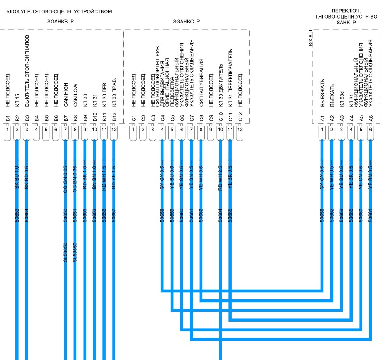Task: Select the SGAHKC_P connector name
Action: coord(186,21)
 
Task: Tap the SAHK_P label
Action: coord(346,22)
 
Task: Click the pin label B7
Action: coord(65,118)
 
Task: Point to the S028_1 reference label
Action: coord(310,43)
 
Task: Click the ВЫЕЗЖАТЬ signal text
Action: coord(323,95)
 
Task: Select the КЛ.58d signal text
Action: coord(342,100)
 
